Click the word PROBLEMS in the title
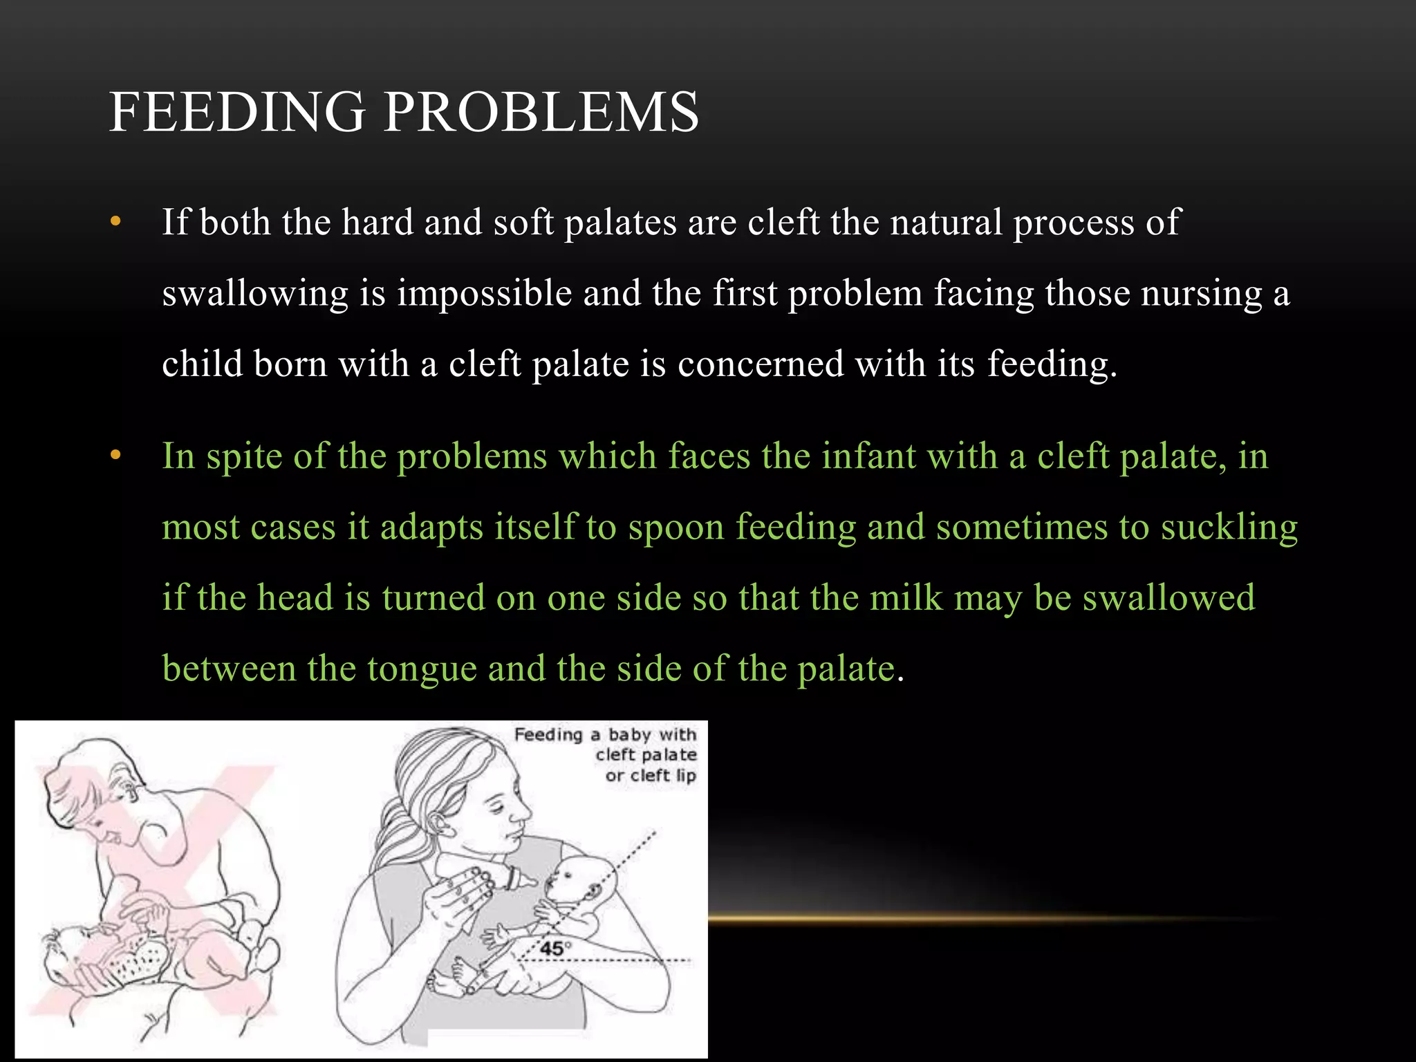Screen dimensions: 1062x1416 coord(541,111)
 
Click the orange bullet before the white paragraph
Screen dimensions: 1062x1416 coord(115,222)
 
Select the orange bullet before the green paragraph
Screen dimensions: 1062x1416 coord(115,456)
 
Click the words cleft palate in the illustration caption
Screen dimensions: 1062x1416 coord(646,755)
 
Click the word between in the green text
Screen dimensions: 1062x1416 coord(229,669)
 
